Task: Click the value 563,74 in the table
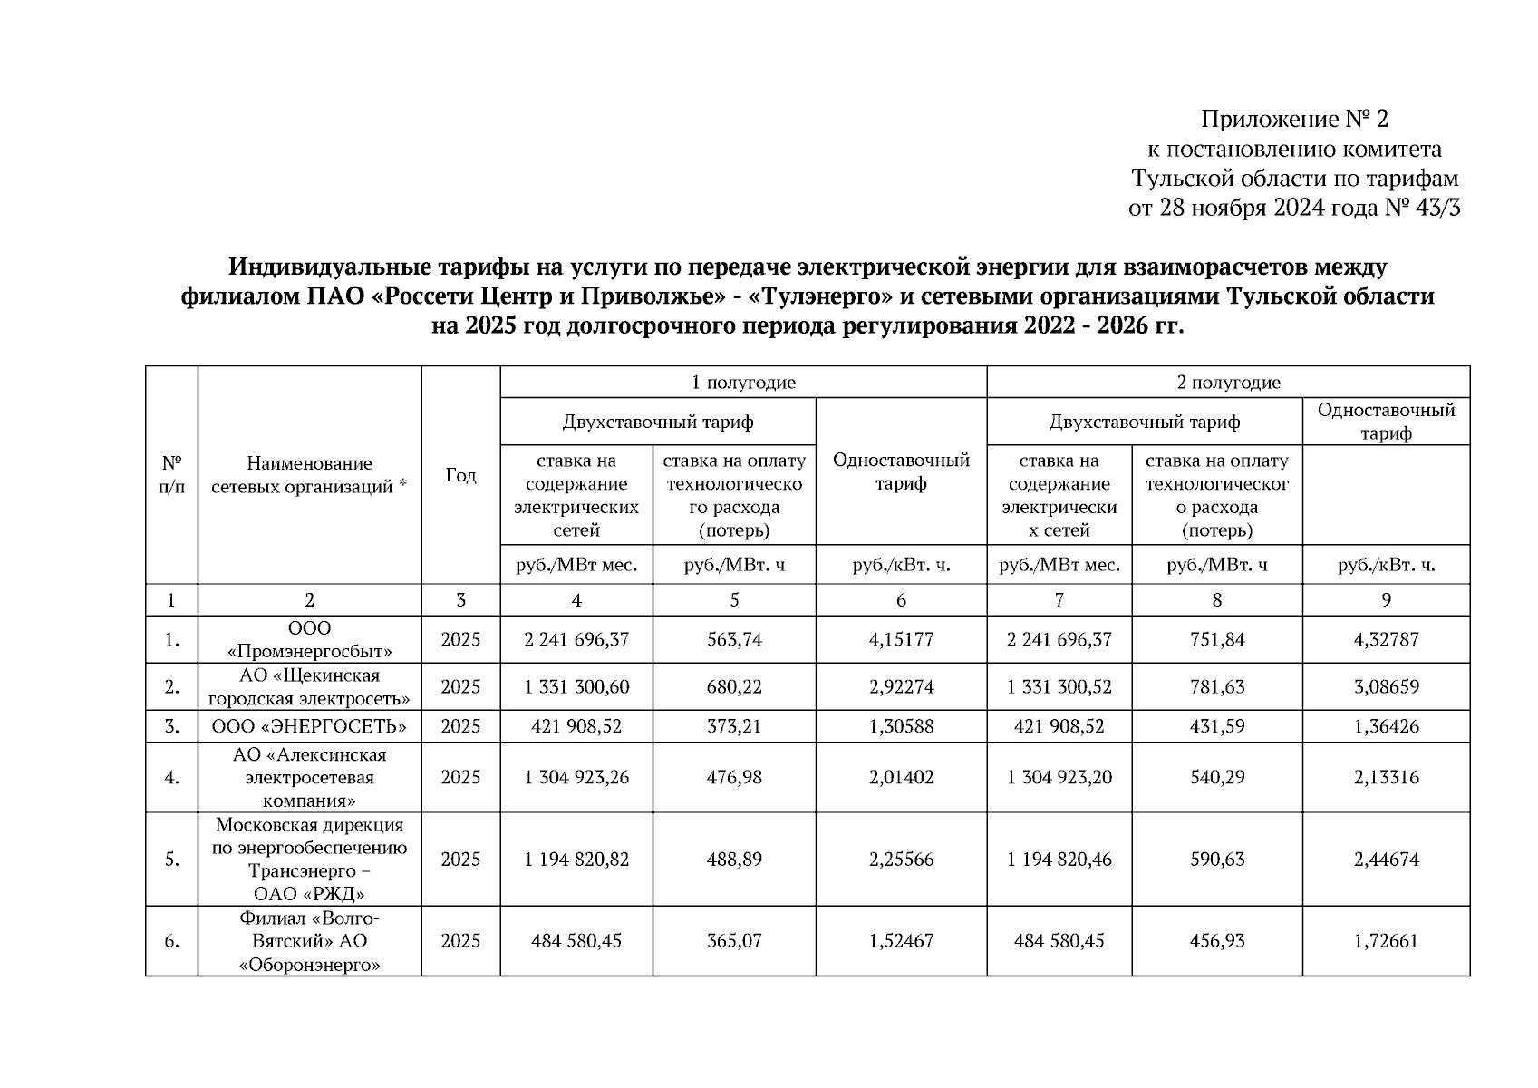pyautogui.click(x=734, y=640)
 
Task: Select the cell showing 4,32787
pyautogui.click(x=1386, y=640)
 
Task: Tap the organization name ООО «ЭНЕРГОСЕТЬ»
pyautogui.click(x=309, y=726)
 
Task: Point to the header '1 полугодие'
pyautogui.click(x=743, y=383)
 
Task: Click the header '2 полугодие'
pyautogui.click(x=1228, y=383)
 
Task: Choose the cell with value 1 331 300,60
pyautogui.click(x=576, y=687)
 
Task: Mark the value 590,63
pyautogui.click(x=1217, y=860)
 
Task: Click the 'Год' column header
pyautogui.click(x=460, y=475)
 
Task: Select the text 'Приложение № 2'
pyautogui.click(x=1294, y=119)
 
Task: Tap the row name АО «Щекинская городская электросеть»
pyautogui.click(x=309, y=687)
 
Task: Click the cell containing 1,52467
pyautogui.click(x=901, y=941)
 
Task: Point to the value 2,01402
pyautogui.click(x=901, y=778)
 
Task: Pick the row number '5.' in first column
pyautogui.click(x=171, y=860)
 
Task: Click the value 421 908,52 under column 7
pyautogui.click(x=1059, y=726)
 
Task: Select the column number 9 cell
pyautogui.click(x=1386, y=600)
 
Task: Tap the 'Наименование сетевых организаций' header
pyautogui.click(x=309, y=475)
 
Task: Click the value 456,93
pyautogui.click(x=1217, y=941)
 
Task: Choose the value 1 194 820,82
pyautogui.click(x=576, y=860)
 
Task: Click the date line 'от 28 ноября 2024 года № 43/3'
pyautogui.click(x=1294, y=209)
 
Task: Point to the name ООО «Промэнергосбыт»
pyautogui.click(x=309, y=640)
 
